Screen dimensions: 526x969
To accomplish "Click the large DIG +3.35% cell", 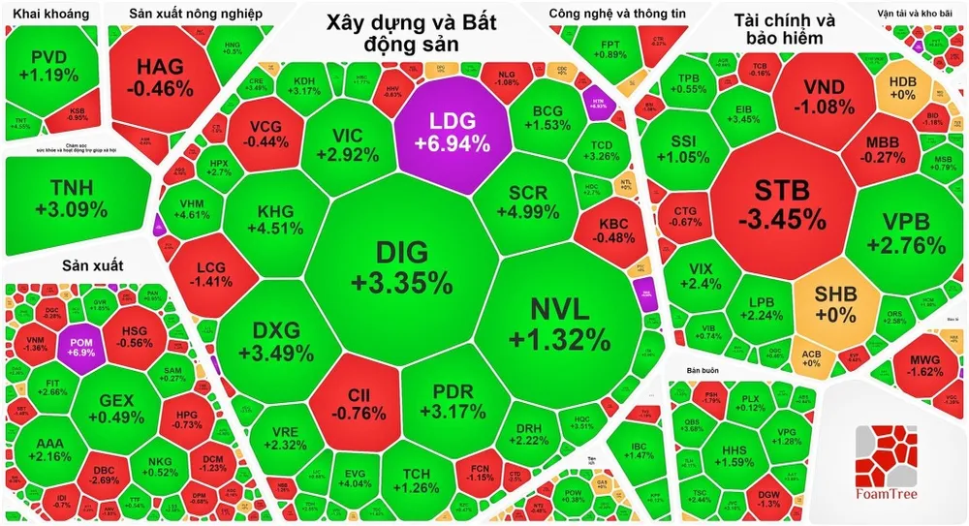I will pyautogui.click(x=401, y=267).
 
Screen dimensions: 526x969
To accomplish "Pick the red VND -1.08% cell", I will pyautogui.click(x=824, y=95).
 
